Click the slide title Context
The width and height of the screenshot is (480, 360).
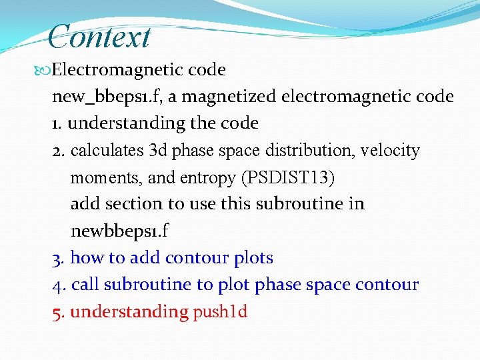[100, 36]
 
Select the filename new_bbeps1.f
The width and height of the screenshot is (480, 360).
[106, 97]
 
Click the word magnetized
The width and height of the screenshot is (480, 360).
[229, 97]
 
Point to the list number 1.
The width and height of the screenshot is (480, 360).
[56, 124]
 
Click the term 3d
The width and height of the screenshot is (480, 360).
[159, 151]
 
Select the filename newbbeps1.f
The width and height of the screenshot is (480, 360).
[120, 231]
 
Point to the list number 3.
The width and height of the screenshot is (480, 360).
[57, 258]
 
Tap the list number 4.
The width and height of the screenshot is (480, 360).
[57, 285]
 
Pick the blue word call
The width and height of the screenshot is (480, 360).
[85, 285]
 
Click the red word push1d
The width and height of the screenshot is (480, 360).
[220, 312]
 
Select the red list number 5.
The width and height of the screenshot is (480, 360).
[57, 312]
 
